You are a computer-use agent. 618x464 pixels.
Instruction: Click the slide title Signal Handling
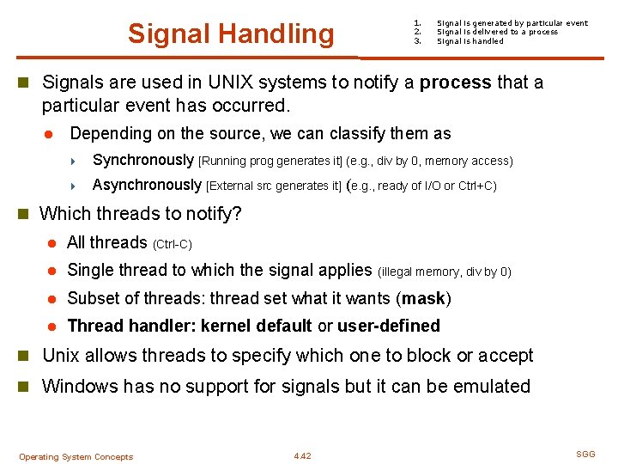(x=231, y=34)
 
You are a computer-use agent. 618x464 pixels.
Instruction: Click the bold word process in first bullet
(x=455, y=82)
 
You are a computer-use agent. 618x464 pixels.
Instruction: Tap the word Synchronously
(x=143, y=160)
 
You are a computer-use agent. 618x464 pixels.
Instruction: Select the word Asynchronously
(x=147, y=185)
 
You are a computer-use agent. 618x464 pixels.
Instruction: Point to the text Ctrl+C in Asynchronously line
(x=477, y=186)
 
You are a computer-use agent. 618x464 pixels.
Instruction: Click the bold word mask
(x=422, y=298)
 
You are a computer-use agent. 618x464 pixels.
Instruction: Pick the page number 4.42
(x=302, y=456)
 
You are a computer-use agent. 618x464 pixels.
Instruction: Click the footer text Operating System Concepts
(x=76, y=456)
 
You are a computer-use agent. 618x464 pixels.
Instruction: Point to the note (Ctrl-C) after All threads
(x=172, y=244)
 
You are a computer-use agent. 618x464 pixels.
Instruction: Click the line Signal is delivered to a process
(x=497, y=32)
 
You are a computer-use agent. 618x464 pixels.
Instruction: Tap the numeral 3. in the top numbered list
(x=417, y=41)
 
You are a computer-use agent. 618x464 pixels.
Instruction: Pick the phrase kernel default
(x=257, y=326)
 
